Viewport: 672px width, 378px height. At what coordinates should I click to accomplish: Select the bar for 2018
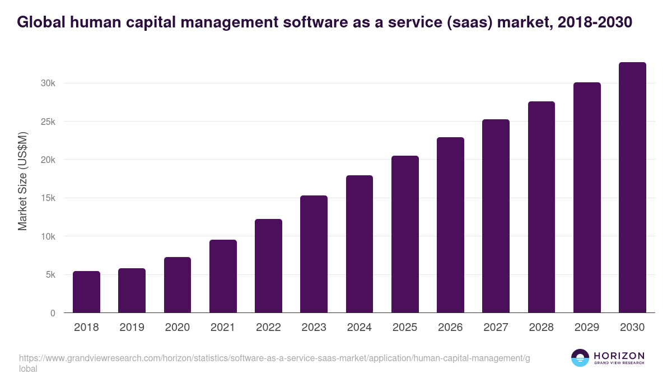[x=86, y=292]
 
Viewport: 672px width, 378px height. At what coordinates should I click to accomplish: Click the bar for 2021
[x=223, y=276]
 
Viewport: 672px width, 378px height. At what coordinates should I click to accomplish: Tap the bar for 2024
[x=360, y=244]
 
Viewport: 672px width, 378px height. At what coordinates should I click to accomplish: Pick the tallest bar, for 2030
[x=632, y=188]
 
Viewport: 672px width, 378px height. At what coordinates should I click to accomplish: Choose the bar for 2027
[x=496, y=216]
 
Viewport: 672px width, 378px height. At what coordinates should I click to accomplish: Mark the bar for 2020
[x=178, y=285]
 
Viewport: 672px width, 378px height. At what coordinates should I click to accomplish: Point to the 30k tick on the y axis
[x=48, y=83]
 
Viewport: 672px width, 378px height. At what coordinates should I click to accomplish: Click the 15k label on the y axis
[x=48, y=198]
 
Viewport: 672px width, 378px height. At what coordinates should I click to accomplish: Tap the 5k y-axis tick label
[x=50, y=275]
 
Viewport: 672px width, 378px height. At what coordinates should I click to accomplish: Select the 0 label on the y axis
[x=53, y=314]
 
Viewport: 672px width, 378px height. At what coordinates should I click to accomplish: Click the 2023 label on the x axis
[x=314, y=328]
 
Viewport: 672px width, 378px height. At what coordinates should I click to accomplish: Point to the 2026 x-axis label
[x=450, y=328]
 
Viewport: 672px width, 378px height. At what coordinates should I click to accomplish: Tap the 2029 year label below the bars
[x=587, y=328]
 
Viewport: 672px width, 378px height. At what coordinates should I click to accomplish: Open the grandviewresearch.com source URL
[x=274, y=358]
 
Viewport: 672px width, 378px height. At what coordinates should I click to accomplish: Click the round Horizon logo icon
[x=580, y=358]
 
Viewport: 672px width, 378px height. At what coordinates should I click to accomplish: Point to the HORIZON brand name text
[x=619, y=356]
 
